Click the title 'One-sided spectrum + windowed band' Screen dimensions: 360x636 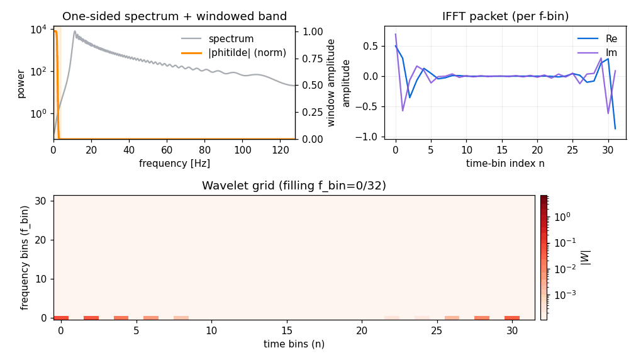coord(174,17)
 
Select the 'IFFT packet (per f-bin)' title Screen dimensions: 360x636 coord(505,17)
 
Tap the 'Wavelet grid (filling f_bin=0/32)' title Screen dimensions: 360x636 coord(294,186)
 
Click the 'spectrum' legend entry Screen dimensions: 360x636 coord(231,39)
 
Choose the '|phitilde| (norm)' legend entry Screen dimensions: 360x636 coord(247,53)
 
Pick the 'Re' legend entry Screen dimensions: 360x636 coord(611,39)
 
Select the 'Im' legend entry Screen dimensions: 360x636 coord(611,53)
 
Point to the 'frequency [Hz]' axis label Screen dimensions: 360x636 coord(174,164)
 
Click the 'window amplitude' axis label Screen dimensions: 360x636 coord(331,82)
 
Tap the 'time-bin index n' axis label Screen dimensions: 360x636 coord(505,164)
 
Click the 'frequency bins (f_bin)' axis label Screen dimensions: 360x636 coord(25,257)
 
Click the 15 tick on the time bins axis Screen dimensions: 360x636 coord(287,330)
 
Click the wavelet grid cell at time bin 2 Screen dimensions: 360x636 coord(91,318)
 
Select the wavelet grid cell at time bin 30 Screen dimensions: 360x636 coord(512,318)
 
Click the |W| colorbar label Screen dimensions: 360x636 coord(585,257)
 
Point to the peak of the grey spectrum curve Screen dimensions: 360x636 coord(75,31)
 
